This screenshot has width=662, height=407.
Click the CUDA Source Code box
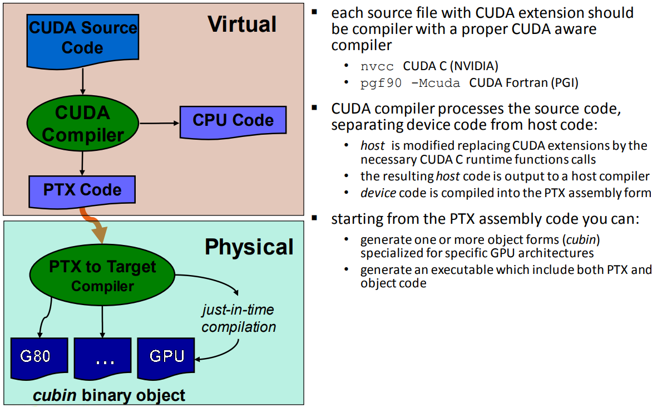[x=82, y=38]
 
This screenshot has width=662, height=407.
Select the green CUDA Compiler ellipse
[x=82, y=124]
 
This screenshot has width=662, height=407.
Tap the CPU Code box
[x=233, y=120]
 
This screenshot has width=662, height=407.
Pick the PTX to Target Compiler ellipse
[x=102, y=276]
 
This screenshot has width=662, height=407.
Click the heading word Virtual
[x=242, y=24]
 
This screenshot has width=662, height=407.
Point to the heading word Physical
[x=249, y=247]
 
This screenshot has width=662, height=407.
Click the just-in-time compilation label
[x=239, y=318]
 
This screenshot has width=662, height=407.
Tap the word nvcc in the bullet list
[x=377, y=66]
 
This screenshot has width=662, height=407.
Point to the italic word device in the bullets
[x=378, y=193]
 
